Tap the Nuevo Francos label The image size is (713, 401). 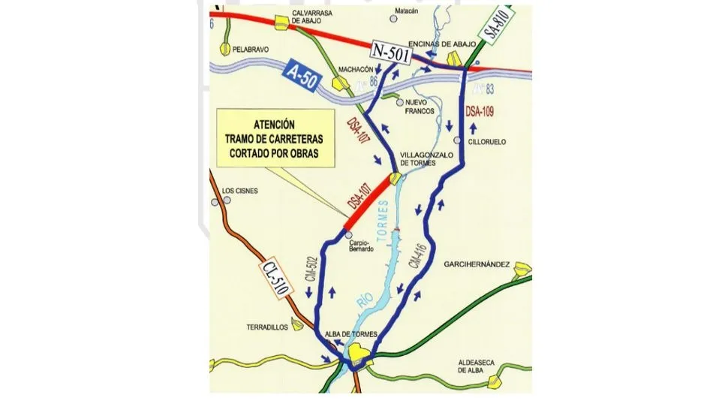coord(420,106)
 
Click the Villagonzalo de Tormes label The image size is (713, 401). coord(429,159)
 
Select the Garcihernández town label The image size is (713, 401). coord(477,264)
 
